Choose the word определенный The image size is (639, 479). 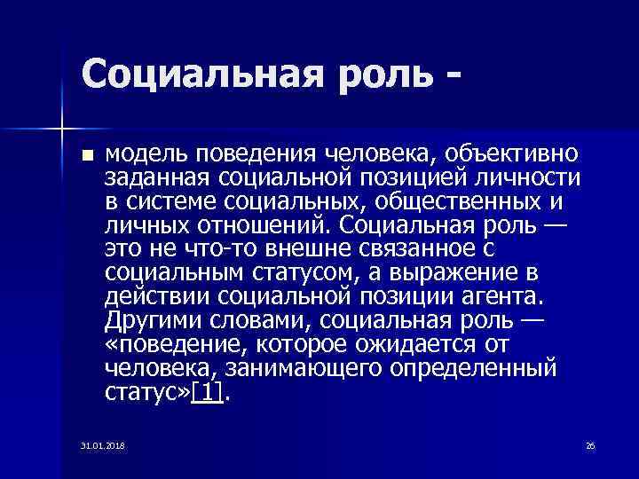(483, 365)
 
